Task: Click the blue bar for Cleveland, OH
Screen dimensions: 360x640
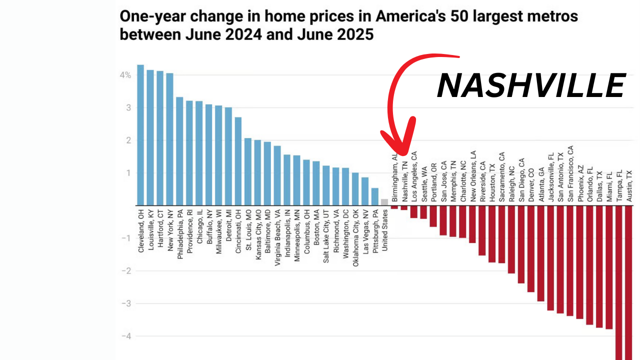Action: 140,135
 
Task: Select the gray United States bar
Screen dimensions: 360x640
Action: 384,202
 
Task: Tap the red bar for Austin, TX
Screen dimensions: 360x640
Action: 629,282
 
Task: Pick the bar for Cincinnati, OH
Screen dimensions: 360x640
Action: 238,161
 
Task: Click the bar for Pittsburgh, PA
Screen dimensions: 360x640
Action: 374,196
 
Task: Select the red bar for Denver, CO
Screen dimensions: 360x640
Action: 531,248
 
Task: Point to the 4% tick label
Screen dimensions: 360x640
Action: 125,75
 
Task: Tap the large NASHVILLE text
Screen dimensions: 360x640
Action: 531,85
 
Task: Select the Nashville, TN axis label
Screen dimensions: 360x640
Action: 404,181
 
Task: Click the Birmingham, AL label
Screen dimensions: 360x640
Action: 394,180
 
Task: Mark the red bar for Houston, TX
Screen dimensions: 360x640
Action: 492,234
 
